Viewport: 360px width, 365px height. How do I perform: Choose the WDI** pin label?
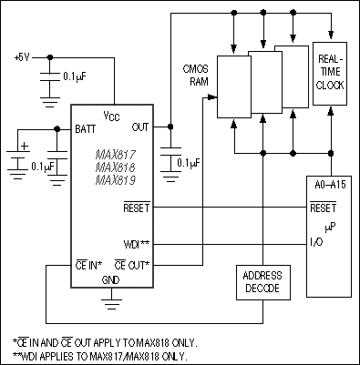[x=135, y=244]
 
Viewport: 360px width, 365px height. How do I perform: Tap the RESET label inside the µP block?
[x=323, y=208]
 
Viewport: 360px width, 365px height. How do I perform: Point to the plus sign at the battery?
[x=25, y=144]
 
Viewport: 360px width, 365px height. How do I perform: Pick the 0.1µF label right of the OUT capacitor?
[x=189, y=164]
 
